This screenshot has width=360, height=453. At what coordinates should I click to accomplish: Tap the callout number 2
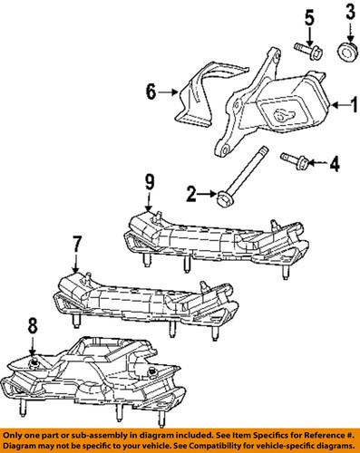pos(190,192)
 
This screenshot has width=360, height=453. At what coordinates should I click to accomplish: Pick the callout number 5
pos(308,17)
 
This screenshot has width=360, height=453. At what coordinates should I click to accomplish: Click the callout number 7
pos(76,245)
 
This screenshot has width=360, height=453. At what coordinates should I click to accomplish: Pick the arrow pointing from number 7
pos(76,260)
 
